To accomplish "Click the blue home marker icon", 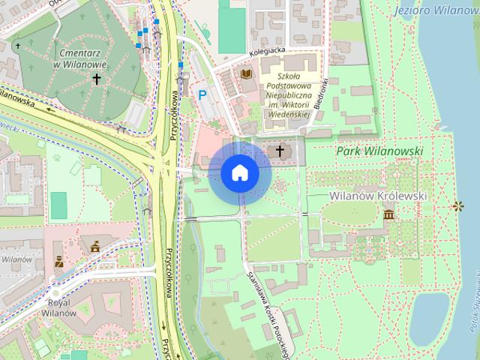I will click(x=240, y=173).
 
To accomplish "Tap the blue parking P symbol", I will click(x=202, y=95).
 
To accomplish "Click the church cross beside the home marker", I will click(x=280, y=151).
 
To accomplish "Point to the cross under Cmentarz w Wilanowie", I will click(x=96, y=77).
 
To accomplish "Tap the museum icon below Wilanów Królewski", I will click(x=388, y=216).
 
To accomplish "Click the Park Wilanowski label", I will click(x=379, y=151).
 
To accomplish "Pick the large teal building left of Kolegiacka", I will click(x=232, y=26).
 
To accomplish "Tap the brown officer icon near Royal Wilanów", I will click(x=58, y=262).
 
